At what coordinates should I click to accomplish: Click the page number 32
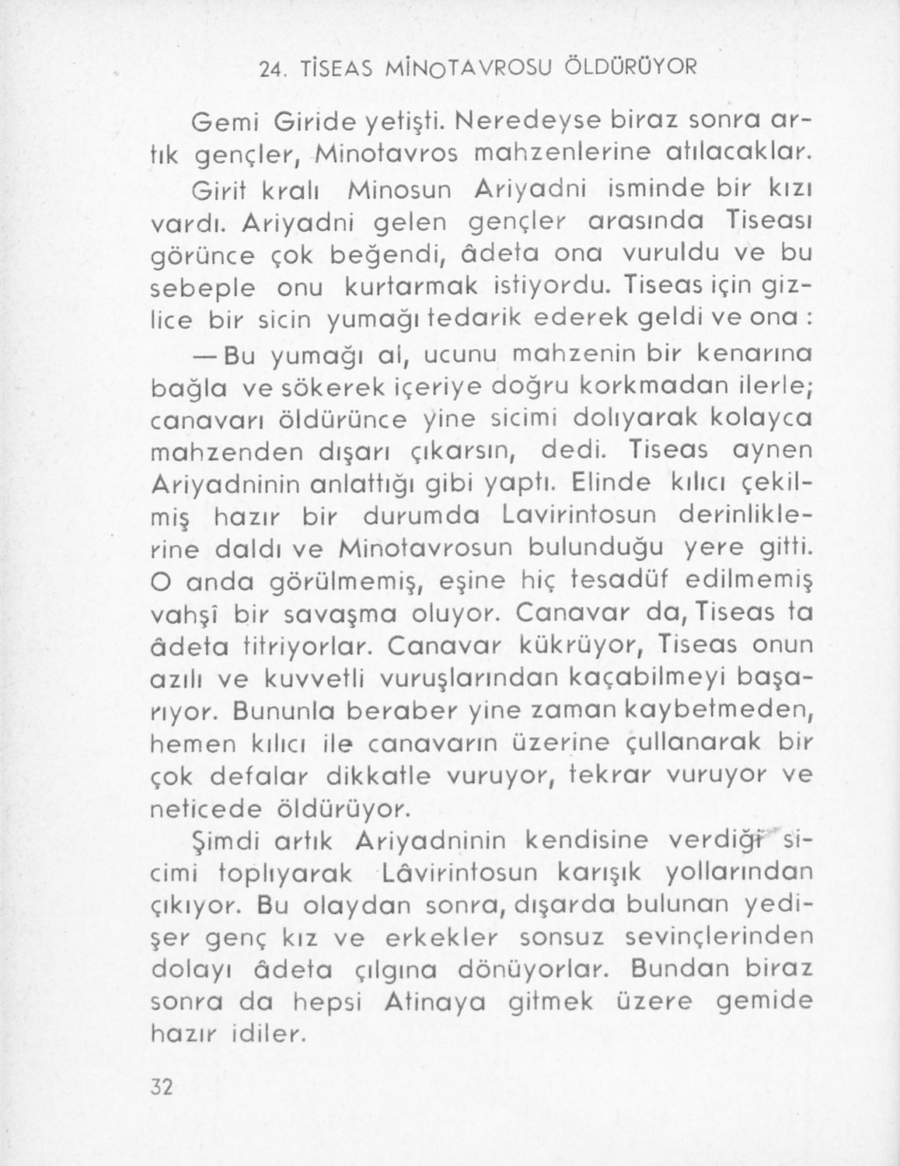(x=161, y=1086)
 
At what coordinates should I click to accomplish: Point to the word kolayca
(x=754, y=420)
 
